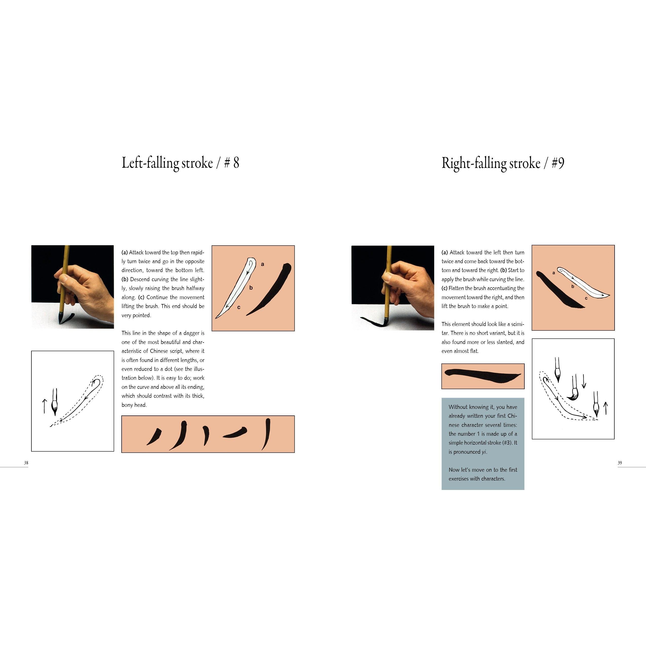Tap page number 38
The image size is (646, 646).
[x=26, y=463]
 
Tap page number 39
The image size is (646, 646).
[x=620, y=463]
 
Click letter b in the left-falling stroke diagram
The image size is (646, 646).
[x=251, y=288]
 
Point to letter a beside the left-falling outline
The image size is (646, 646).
[x=262, y=264]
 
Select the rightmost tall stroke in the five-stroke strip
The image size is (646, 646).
[x=266, y=434]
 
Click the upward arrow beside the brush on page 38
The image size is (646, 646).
[x=44, y=406]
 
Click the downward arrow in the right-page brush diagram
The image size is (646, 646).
[x=584, y=381]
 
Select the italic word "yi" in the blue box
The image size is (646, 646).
[x=484, y=452]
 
